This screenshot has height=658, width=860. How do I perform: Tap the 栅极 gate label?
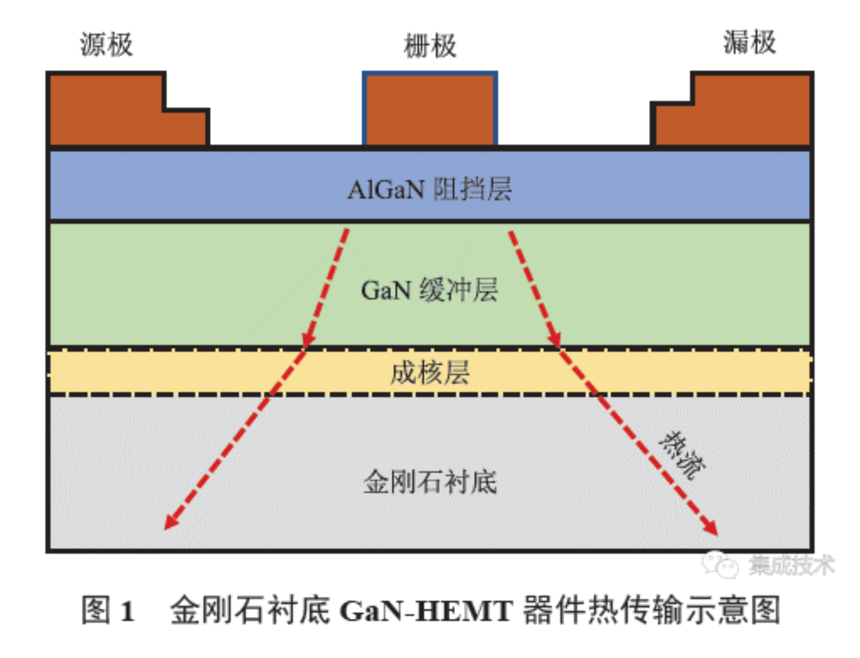pyautogui.click(x=430, y=46)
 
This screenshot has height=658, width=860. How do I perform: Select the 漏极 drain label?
pyautogui.click(x=749, y=42)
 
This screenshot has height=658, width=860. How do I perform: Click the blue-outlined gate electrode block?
pyautogui.click(x=430, y=109)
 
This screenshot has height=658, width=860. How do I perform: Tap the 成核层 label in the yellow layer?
pyautogui.click(x=430, y=372)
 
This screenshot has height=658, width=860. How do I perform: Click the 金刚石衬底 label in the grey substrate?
pyautogui.click(x=430, y=482)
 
